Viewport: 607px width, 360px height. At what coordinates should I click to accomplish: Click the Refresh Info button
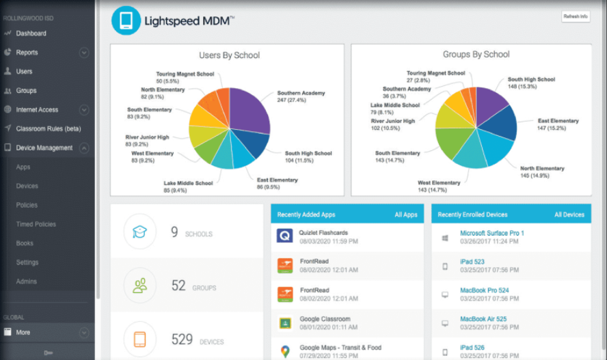575,16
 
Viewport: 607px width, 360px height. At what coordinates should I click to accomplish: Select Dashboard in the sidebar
31,33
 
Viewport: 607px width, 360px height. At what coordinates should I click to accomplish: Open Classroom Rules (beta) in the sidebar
48,128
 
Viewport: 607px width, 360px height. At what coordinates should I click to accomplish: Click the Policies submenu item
27,205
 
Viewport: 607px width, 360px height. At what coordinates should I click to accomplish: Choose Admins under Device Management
27,281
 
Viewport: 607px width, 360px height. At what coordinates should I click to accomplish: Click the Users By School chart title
229,55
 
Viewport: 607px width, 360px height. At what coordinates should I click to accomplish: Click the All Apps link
405,214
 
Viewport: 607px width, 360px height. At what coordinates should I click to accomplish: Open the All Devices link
569,214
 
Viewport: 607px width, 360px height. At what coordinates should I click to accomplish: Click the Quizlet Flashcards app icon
285,236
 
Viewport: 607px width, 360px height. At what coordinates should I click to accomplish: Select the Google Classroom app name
324,319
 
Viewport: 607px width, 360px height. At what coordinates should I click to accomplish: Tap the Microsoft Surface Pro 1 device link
491,233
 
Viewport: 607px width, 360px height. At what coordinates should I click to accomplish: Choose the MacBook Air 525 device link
483,319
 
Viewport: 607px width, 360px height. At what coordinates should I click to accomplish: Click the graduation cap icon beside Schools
140,232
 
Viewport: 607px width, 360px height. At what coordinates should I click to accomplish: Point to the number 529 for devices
181,340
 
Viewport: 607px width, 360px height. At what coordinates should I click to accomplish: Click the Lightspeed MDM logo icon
126,20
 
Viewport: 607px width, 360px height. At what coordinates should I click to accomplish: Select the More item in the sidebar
23,333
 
